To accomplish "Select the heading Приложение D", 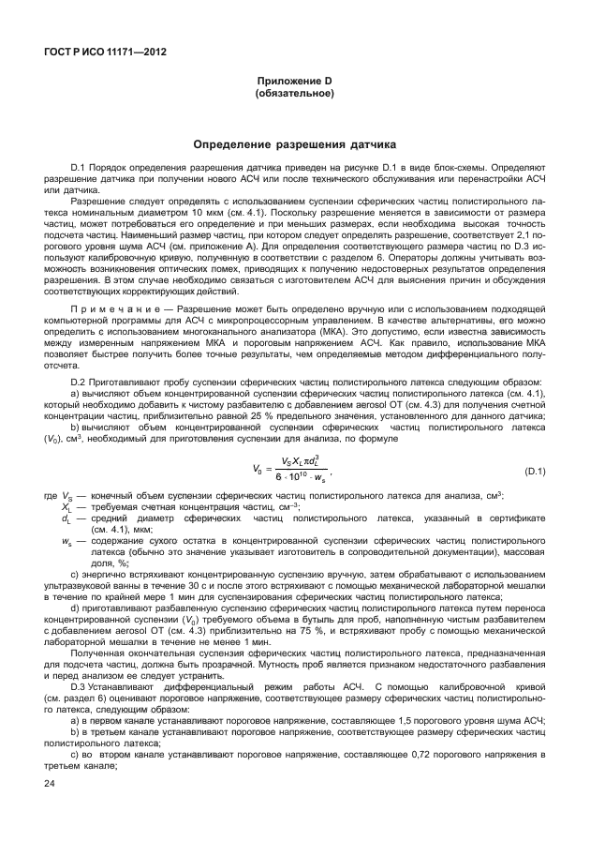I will pos(295,83).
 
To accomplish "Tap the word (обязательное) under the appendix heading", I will pos(295,95).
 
